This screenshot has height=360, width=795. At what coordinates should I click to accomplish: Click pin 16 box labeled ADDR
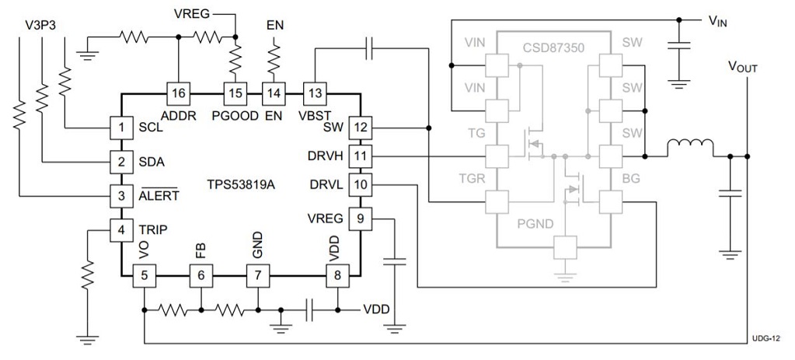tap(179, 93)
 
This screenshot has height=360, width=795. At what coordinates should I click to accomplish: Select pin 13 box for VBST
tap(314, 93)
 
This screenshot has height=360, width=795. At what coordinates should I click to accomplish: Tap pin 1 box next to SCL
tap(120, 127)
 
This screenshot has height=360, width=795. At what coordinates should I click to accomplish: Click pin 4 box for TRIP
tap(120, 230)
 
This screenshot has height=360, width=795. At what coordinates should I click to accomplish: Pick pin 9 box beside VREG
tap(360, 218)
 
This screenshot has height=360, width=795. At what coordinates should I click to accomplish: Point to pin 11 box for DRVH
tap(360, 156)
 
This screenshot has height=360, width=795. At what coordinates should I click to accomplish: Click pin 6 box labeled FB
tap(200, 275)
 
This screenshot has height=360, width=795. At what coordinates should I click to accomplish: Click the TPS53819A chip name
tap(241, 187)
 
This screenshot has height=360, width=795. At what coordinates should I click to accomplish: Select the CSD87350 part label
tap(554, 47)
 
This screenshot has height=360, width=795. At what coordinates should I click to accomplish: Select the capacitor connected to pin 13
tap(371, 49)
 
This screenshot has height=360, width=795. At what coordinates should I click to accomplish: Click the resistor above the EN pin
tap(274, 57)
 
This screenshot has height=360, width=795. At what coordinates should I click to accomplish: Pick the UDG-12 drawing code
tap(766, 339)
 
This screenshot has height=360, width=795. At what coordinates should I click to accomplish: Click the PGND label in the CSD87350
tap(535, 225)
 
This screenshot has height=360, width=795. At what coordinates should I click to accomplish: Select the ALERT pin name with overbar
tap(158, 195)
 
